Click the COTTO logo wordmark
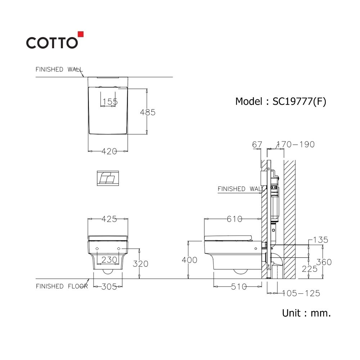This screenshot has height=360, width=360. [52, 43]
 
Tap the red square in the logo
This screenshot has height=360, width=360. [81, 34]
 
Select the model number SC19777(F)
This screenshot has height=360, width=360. [299, 102]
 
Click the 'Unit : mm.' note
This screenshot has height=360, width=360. [306, 313]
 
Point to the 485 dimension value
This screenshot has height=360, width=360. [148, 112]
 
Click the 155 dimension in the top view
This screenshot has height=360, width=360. [110, 102]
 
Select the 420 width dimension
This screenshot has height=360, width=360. [109, 151]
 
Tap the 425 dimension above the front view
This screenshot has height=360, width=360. [109, 219]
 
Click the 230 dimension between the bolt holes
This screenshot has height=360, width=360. [109, 260]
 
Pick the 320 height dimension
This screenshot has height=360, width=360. [140, 264]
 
